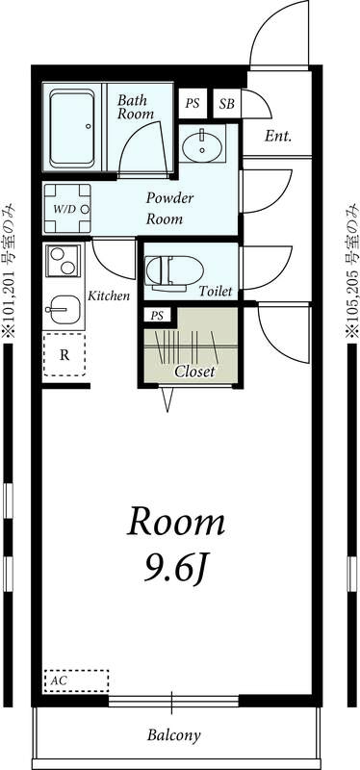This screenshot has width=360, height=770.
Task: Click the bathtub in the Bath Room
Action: coord(74,123)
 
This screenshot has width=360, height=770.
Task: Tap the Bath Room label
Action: coord(136,107)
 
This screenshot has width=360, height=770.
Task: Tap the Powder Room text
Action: coord(169,208)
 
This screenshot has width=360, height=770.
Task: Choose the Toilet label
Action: coord(216,291)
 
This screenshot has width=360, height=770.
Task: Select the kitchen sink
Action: coord(64,311)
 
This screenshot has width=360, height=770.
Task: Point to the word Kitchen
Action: coord(109,295)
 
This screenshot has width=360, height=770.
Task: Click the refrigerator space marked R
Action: coord(64,354)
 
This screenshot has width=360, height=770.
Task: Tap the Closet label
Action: coord(194,371)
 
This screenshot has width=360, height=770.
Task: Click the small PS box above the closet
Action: coord(155,315)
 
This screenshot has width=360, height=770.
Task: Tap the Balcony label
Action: coord(173,736)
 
